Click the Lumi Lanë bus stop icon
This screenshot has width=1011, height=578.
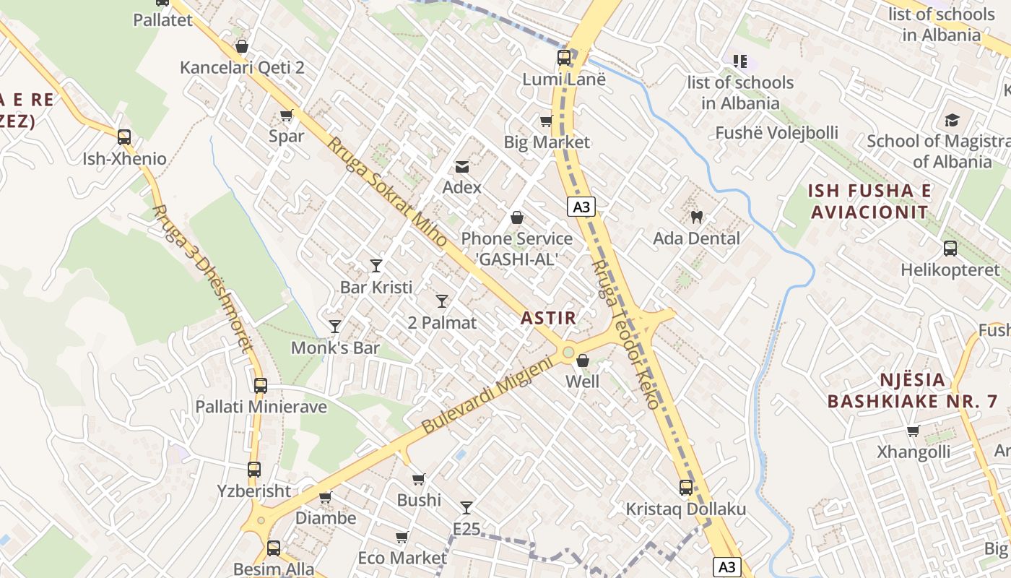[563, 58]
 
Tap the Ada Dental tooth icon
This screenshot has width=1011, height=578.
[697, 217]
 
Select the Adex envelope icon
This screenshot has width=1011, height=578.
[461, 168]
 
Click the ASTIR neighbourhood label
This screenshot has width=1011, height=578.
[548, 318]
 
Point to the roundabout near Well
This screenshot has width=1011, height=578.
[568, 352]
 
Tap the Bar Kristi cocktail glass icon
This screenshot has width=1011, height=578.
[376, 265]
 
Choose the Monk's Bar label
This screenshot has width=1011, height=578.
[335, 348]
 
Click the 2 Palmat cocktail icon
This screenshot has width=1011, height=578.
[442, 301]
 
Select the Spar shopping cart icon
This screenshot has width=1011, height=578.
[287, 115]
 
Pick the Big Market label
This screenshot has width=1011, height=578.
[547, 142]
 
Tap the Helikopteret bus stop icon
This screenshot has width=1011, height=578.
[950, 249]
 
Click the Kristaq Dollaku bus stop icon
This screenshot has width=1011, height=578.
[686, 488]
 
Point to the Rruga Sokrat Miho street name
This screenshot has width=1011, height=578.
[386, 191]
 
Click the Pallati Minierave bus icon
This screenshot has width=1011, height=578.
[261, 386]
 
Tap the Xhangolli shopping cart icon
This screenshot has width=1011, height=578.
[913, 431]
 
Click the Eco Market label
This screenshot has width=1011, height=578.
[402, 558]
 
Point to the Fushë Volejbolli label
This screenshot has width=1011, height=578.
[776, 133]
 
